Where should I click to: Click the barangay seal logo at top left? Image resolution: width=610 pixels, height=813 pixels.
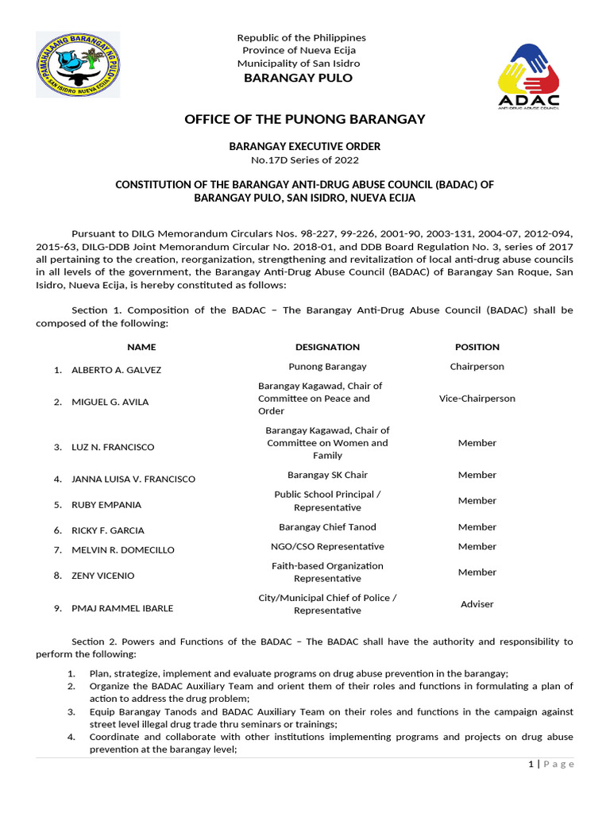coord(78,65)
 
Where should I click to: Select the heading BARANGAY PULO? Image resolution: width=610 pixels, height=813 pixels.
coord(298,78)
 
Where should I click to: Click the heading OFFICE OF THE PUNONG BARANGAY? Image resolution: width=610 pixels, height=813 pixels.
coord(305,119)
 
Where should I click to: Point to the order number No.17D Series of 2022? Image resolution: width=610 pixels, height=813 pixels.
coord(305,160)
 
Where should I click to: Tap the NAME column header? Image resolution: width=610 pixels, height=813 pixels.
coord(141,347)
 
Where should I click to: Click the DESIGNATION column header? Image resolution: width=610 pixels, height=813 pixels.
coord(327,347)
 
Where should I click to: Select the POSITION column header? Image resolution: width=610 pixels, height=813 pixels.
coord(477,347)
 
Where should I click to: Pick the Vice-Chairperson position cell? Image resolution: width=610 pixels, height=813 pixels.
coord(477,399)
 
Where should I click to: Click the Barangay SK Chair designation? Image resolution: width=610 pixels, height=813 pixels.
coord(327,475)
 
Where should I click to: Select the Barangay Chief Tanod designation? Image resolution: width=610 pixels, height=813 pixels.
coord(327,527)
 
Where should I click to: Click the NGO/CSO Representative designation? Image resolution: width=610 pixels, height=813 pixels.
coord(327,546)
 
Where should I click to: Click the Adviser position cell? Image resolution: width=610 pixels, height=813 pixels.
coord(477,604)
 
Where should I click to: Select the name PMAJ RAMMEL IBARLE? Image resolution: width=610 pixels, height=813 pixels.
coord(122,608)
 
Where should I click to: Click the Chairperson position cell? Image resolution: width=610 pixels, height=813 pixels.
coord(477,367)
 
